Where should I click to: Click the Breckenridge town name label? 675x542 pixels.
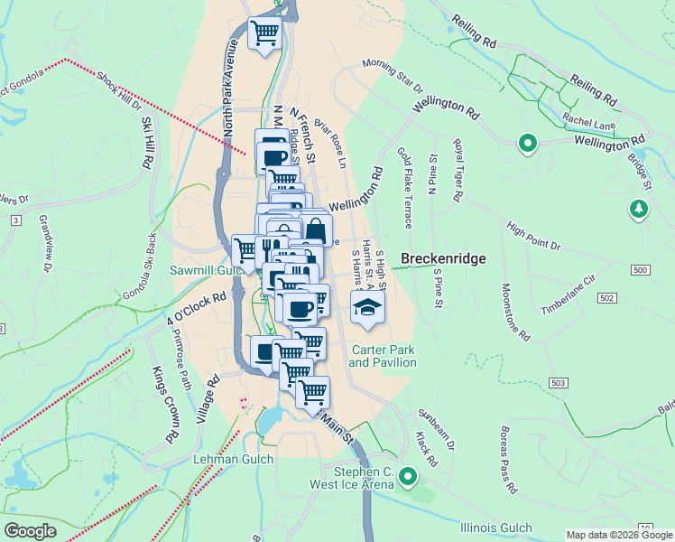[x=443, y=258]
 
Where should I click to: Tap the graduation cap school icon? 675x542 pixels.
[x=367, y=307]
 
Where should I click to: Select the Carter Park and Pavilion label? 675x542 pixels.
[x=383, y=356]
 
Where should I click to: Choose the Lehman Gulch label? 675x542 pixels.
[x=226, y=460]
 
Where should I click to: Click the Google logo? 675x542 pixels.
[x=31, y=530]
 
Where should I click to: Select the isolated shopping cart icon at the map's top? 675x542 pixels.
[x=264, y=33]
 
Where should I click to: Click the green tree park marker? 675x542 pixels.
[x=639, y=210]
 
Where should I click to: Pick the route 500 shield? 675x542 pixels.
[x=640, y=270]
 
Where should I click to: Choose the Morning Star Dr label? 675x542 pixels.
[x=393, y=76]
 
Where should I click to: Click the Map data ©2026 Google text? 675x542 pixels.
[x=618, y=534]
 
